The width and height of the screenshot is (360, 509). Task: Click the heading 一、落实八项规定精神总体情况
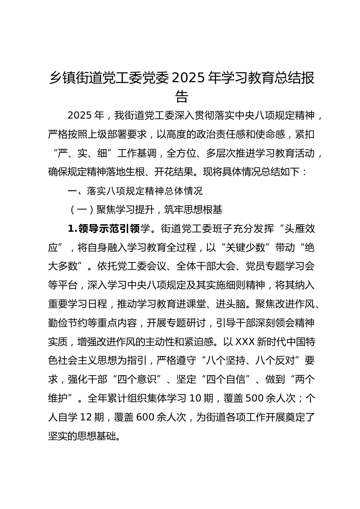tap(135, 191)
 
